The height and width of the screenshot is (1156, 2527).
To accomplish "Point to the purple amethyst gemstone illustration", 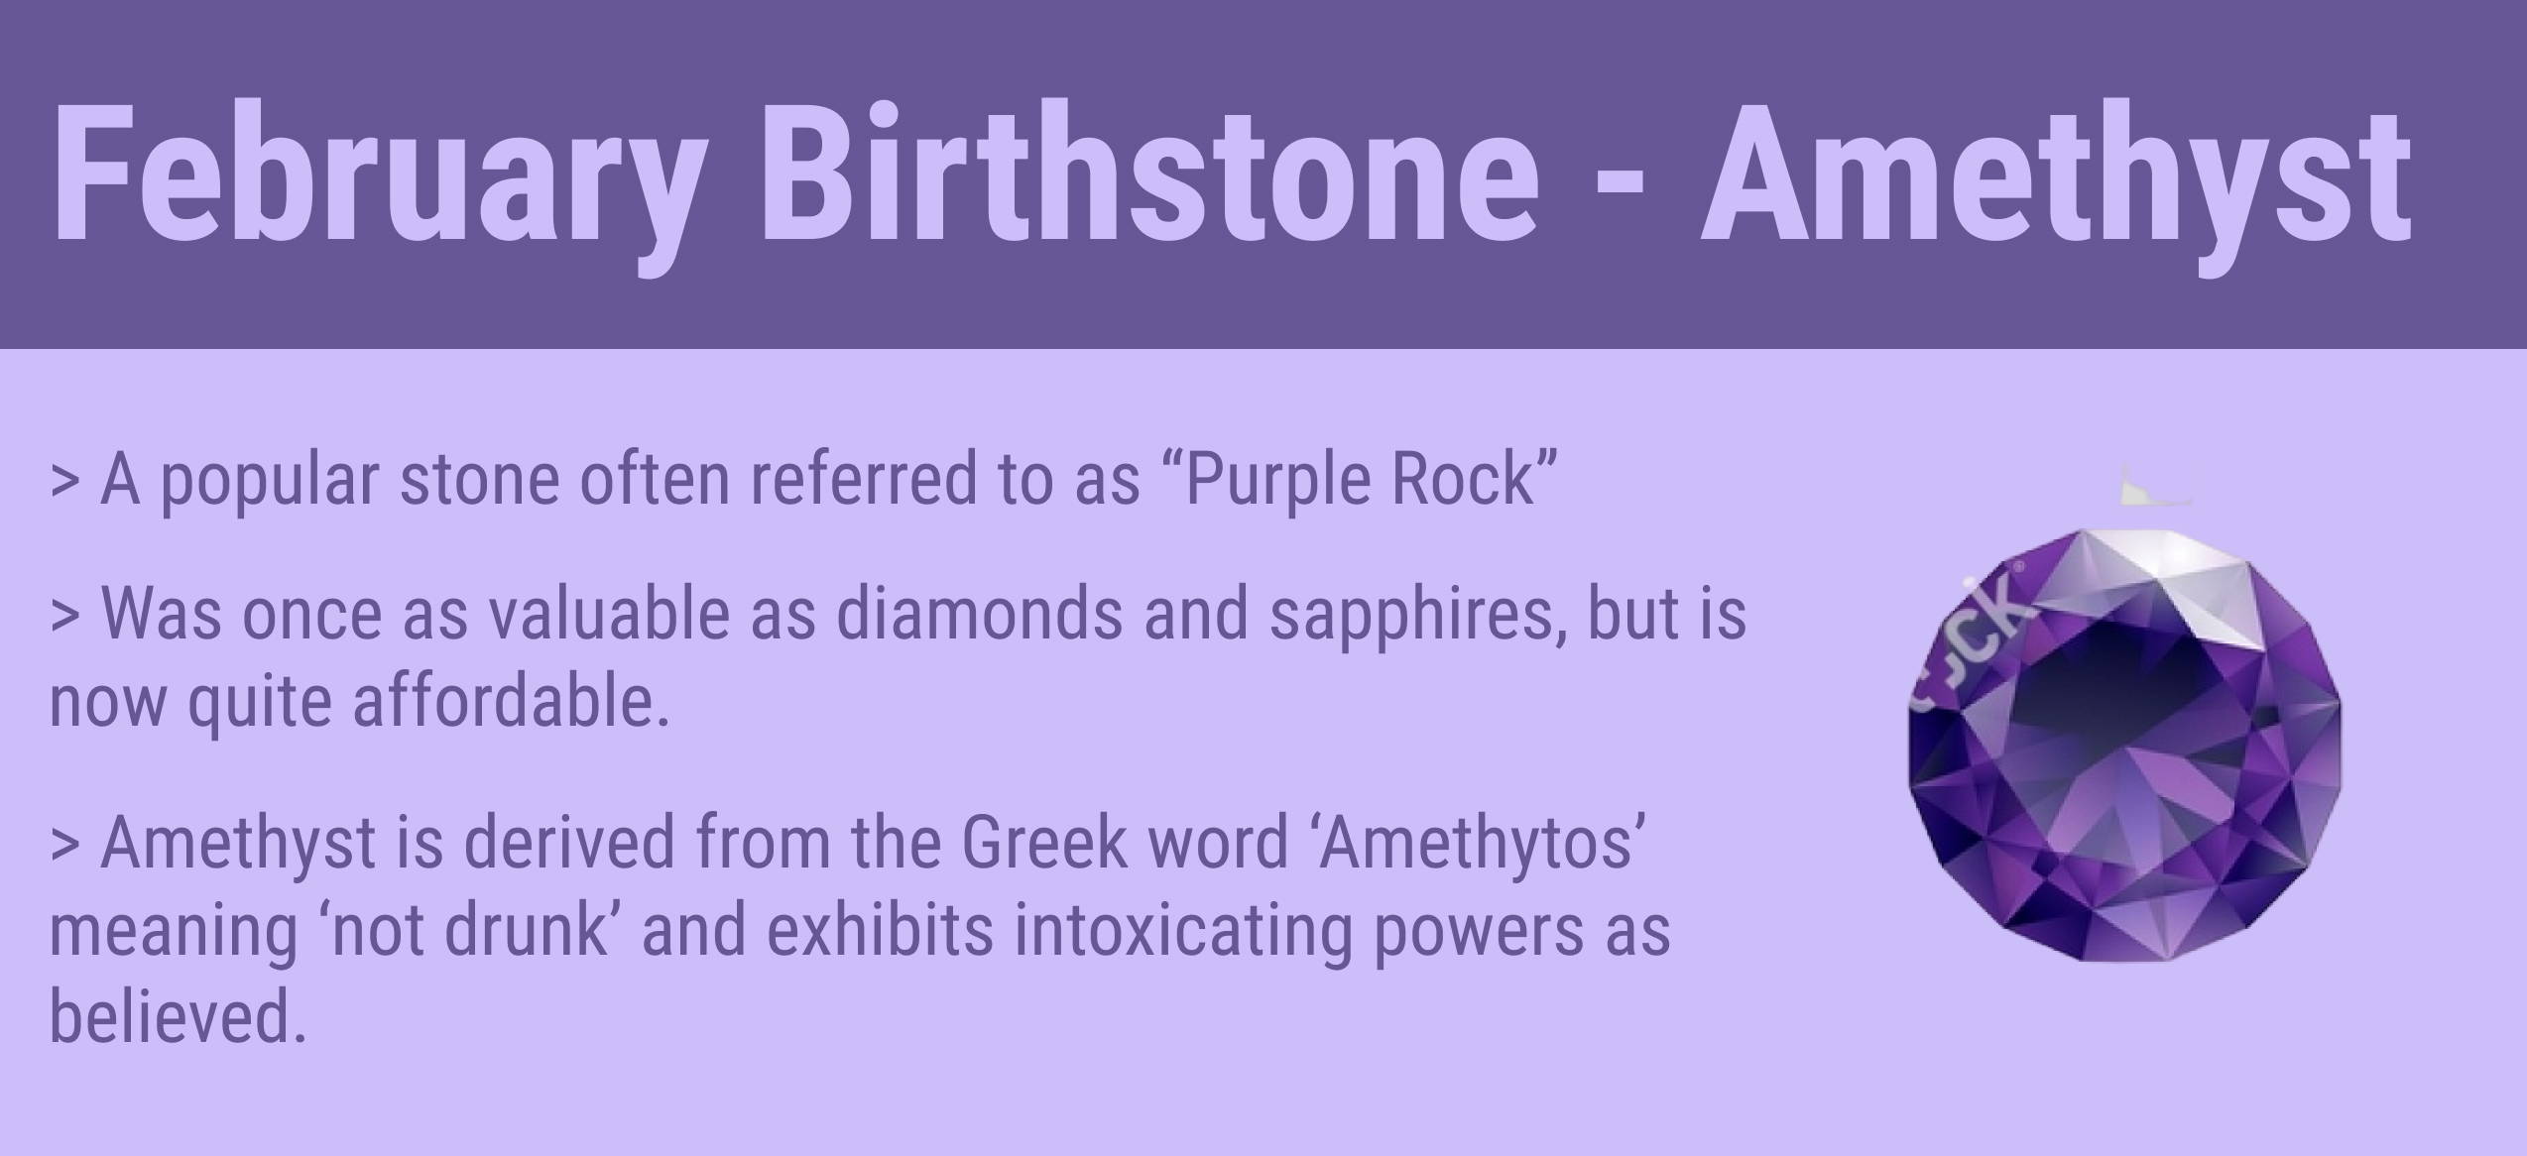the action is tap(2124, 744).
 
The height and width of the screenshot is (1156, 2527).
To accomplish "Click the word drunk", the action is tap(527, 931).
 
